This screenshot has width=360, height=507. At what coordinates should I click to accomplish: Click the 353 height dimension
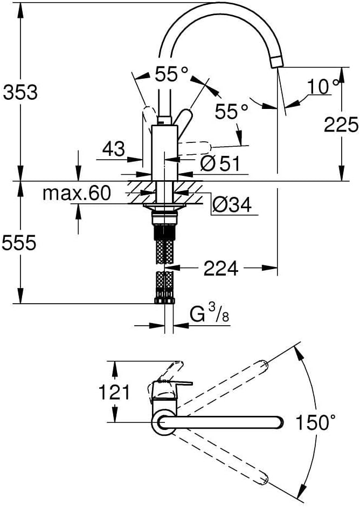point(20,92)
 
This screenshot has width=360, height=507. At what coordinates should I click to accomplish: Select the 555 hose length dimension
point(19,243)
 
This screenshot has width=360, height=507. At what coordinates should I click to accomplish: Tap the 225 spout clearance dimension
point(341,124)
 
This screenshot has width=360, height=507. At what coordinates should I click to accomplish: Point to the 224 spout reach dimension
point(221,268)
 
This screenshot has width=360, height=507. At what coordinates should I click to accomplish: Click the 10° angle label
point(323,86)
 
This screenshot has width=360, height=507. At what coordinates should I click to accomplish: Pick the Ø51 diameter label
point(220,163)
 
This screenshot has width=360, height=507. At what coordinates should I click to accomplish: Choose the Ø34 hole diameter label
point(232,204)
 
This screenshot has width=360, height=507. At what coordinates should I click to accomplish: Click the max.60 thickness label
point(77,193)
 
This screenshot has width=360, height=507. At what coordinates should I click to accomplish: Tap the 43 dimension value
point(113,149)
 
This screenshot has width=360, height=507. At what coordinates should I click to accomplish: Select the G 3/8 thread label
point(209,314)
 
